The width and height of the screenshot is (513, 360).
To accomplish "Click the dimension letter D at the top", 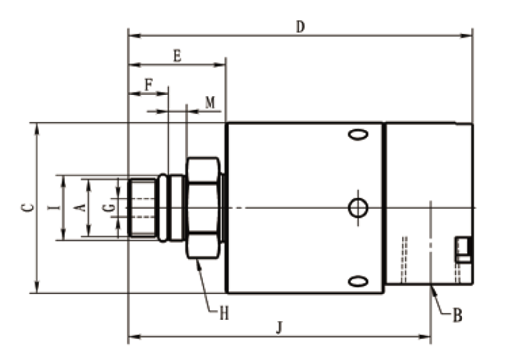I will click(300, 27).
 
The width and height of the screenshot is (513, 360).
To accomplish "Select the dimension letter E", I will click(177, 55).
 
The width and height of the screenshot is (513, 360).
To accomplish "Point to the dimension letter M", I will click(210, 103).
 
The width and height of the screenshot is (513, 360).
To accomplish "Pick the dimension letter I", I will click(55, 207).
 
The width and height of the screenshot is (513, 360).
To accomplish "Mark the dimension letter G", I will click(109, 207).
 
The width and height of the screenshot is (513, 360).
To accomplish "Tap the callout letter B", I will click(458, 317).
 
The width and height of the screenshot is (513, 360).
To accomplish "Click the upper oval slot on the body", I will click(357, 134).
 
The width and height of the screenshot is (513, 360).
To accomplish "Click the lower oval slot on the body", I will click(357, 282).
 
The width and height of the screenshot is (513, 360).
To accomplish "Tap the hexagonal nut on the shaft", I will click(202, 208).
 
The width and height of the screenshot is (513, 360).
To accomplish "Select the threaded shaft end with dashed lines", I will click(143, 207).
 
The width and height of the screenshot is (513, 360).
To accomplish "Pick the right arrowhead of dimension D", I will click(469, 36).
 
